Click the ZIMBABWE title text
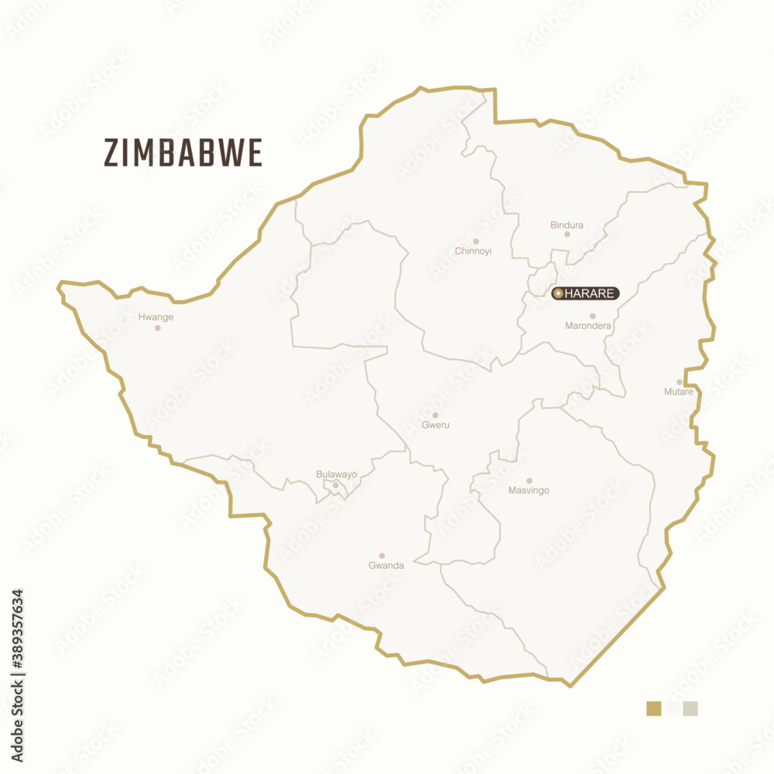pyautogui.click(x=183, y=153)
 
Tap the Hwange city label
pyautogui.click(x=156, y=317)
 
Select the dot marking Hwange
pyautogui.click(x=158, y=328)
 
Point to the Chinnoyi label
pyautogui.click(x=473, y=252)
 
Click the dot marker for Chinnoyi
pyautogui.click(x=476, y=241)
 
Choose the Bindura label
pyautogui.click(x=567, y=225)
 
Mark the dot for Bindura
pyautogui.click(x=567, y=235)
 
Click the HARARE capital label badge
pyautogui.click(x=586, y=293)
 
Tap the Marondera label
pyautogui.click(x=588, y=326)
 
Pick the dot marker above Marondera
pyautogui.click(x=593, y=316)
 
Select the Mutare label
pyautogui.click(x=679, y=392)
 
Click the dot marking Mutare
pyautogui.click(x=680, y=382)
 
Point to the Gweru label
pyautogui.click(x=436, y=425)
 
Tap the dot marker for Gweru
pyautogui.click(x=435, y=415)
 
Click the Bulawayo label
pyautogui.click(x=337, y=474)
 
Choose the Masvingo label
pyautogui.click(x=529, y=491)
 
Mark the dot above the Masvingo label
pyautogui.click(x=529, y=481)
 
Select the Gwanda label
pyautogui.click(x=386, y=566)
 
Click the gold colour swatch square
pyautogui.click(x=654, y=708)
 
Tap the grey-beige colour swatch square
pyautogui.click(x=690, y=708)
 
